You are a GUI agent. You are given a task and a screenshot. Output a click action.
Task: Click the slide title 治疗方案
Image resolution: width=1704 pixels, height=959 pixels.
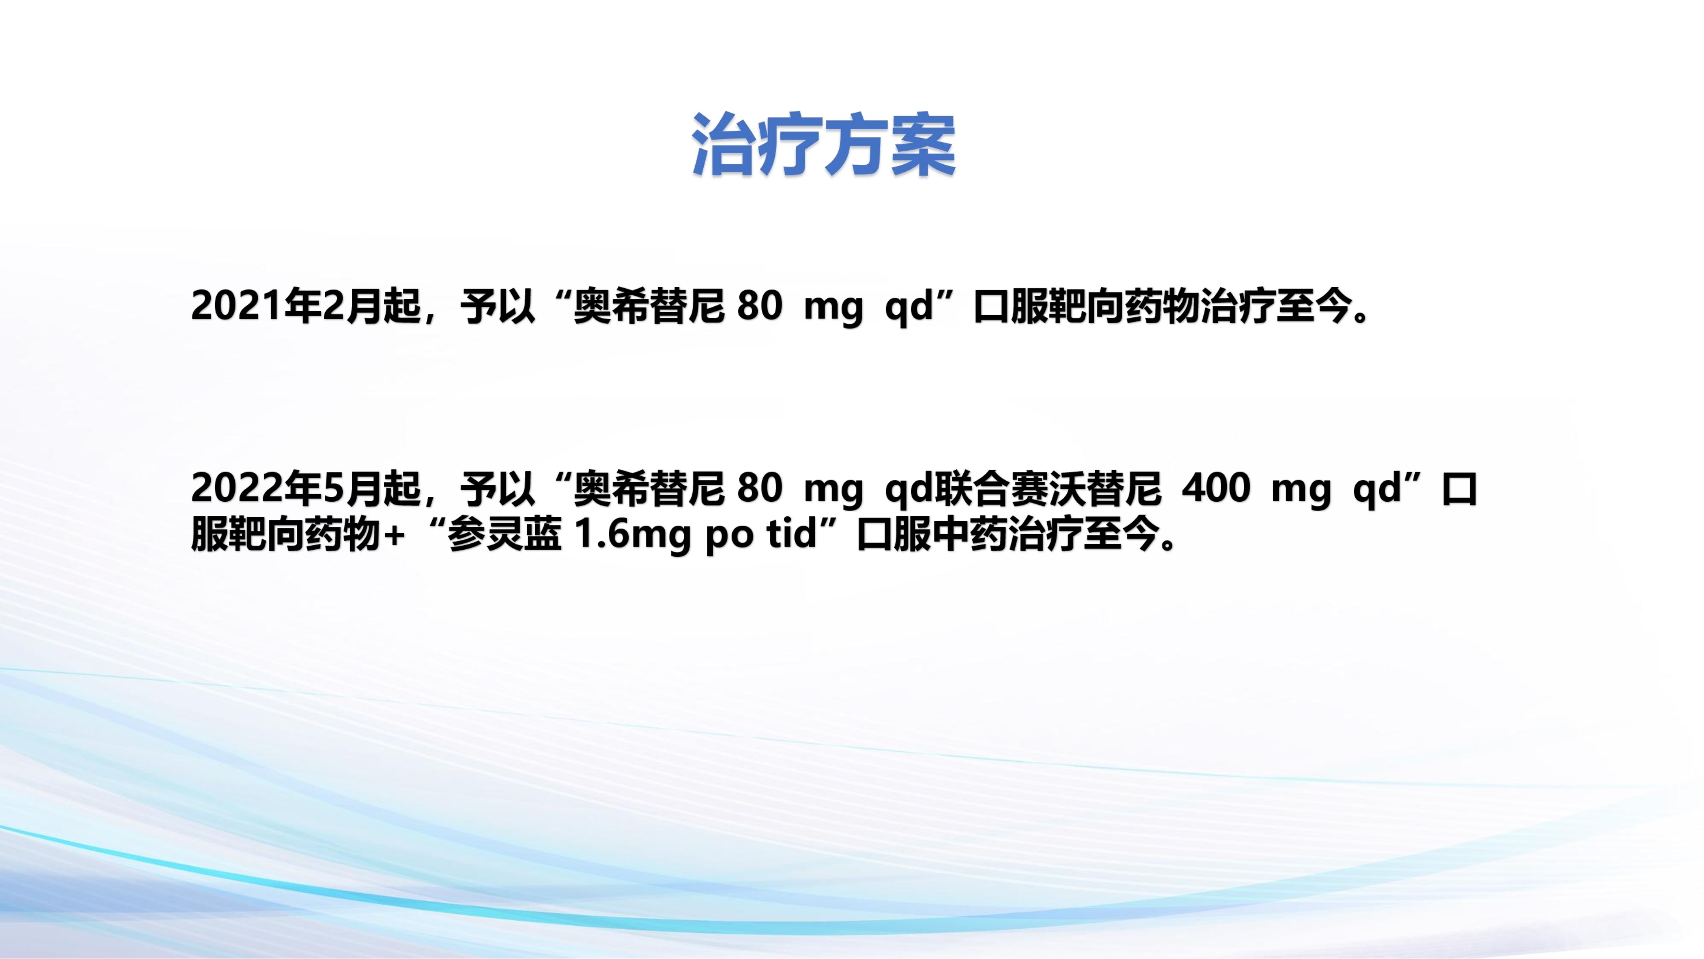tap(824, 146)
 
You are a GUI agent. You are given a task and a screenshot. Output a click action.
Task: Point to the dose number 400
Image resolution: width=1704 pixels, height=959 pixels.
tap(1216, 488)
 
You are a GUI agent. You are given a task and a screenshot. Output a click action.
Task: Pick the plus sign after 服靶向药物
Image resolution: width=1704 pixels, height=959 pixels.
tap(393, 535)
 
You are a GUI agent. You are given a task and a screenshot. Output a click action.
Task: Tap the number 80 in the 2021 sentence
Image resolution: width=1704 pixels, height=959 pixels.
tap(759, 306)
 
